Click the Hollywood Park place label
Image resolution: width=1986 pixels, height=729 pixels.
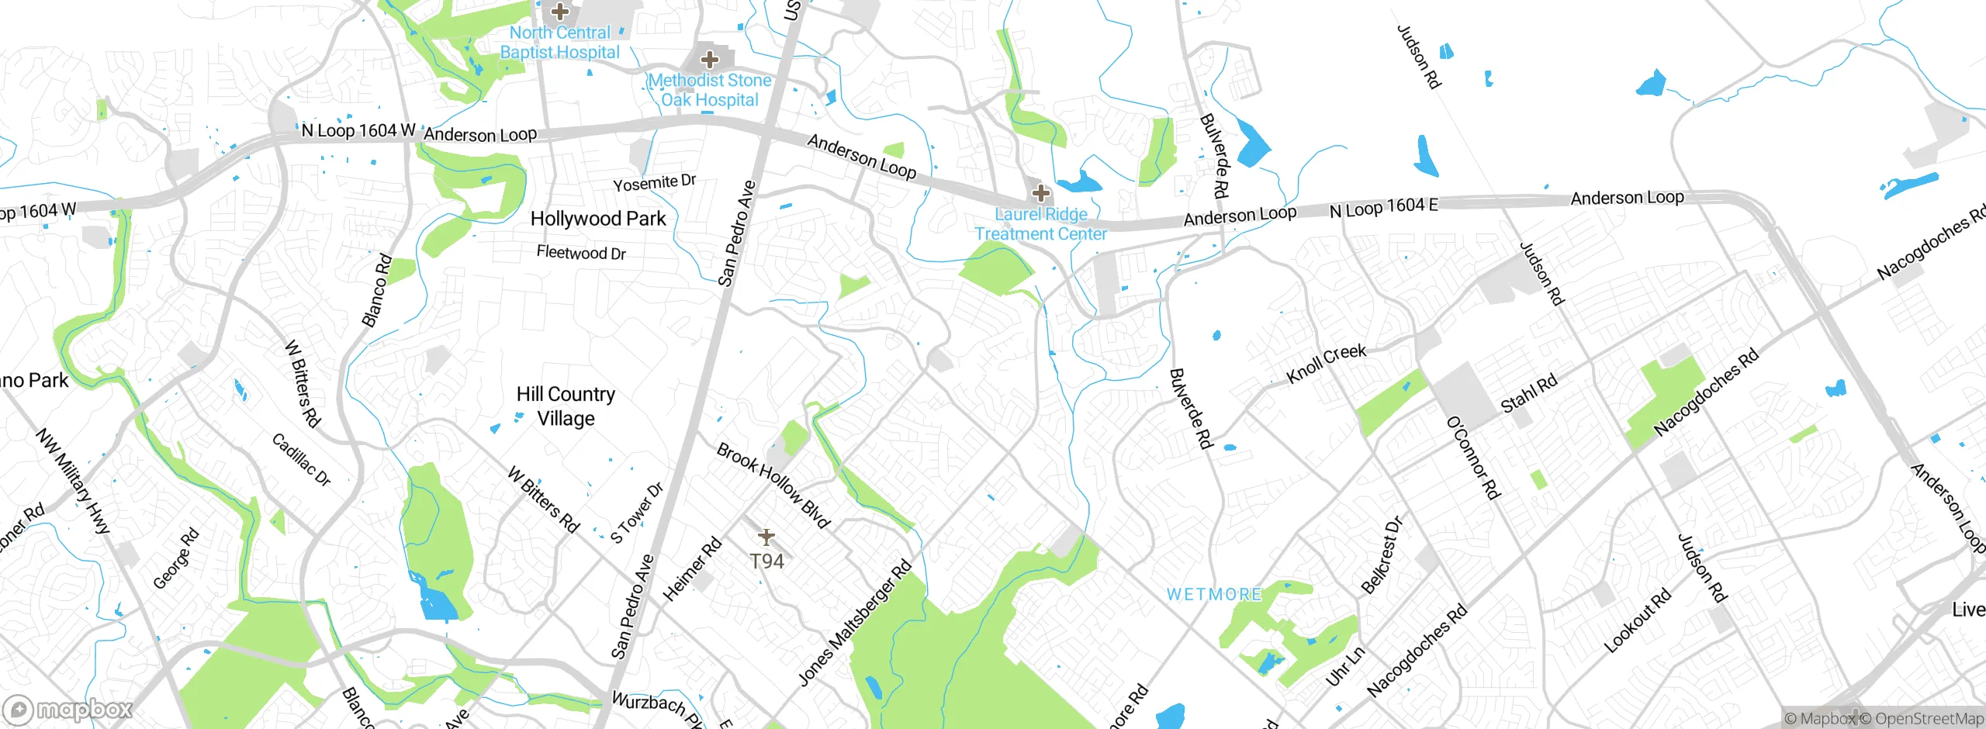(597, 219)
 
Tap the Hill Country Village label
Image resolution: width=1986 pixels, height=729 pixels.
(566, 406)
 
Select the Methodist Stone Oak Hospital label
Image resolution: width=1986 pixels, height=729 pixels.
(710, 90)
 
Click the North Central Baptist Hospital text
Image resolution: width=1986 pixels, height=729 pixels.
(559, 43)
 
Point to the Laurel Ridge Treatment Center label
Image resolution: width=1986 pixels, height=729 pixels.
(1040, 224)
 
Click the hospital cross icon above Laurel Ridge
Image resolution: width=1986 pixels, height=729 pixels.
(1040, 192)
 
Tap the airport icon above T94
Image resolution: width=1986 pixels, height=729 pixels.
(766, 537)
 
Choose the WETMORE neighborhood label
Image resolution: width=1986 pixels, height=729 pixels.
(1214, 595)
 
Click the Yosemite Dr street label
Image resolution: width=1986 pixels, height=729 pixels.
(654, 183)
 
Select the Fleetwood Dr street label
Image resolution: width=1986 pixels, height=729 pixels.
(581, 253)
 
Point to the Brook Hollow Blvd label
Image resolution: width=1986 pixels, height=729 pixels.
(773, 485)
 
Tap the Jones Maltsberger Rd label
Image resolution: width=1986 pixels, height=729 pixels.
(855, 623)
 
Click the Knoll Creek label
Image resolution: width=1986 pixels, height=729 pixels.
(1326, 363)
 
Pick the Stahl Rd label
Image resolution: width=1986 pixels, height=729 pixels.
(1528, 394)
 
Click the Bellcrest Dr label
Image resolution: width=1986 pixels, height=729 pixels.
(1382, 555)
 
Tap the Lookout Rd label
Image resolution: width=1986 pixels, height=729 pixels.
(1637, 620)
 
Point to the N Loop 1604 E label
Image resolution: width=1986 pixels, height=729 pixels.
(1383, 208)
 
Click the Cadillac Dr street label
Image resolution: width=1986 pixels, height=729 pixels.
(301, 459)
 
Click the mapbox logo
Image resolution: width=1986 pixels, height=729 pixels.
(68, 710)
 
